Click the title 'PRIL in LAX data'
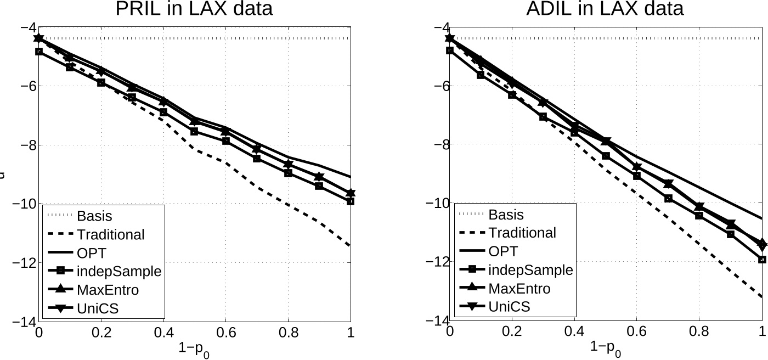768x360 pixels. point(194,9)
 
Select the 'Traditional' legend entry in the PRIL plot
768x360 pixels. point(111,234)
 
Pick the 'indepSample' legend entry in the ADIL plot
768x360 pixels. point(530,269)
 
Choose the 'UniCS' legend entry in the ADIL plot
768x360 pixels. point(509,306)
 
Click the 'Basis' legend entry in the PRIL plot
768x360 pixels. point(94,216)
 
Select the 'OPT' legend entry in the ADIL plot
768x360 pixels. point(503,251)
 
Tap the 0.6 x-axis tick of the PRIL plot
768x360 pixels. point(226,332)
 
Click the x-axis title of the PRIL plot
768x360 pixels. point(193,348)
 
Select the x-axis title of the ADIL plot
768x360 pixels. point(605,348)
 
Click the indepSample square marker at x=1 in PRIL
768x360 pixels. point(351,201)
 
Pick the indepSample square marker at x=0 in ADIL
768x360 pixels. point(450,50)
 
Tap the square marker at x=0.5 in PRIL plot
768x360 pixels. point(194,132)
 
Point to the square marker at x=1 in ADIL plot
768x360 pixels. point(762,260)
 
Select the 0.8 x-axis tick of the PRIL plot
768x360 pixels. point(289,332)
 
